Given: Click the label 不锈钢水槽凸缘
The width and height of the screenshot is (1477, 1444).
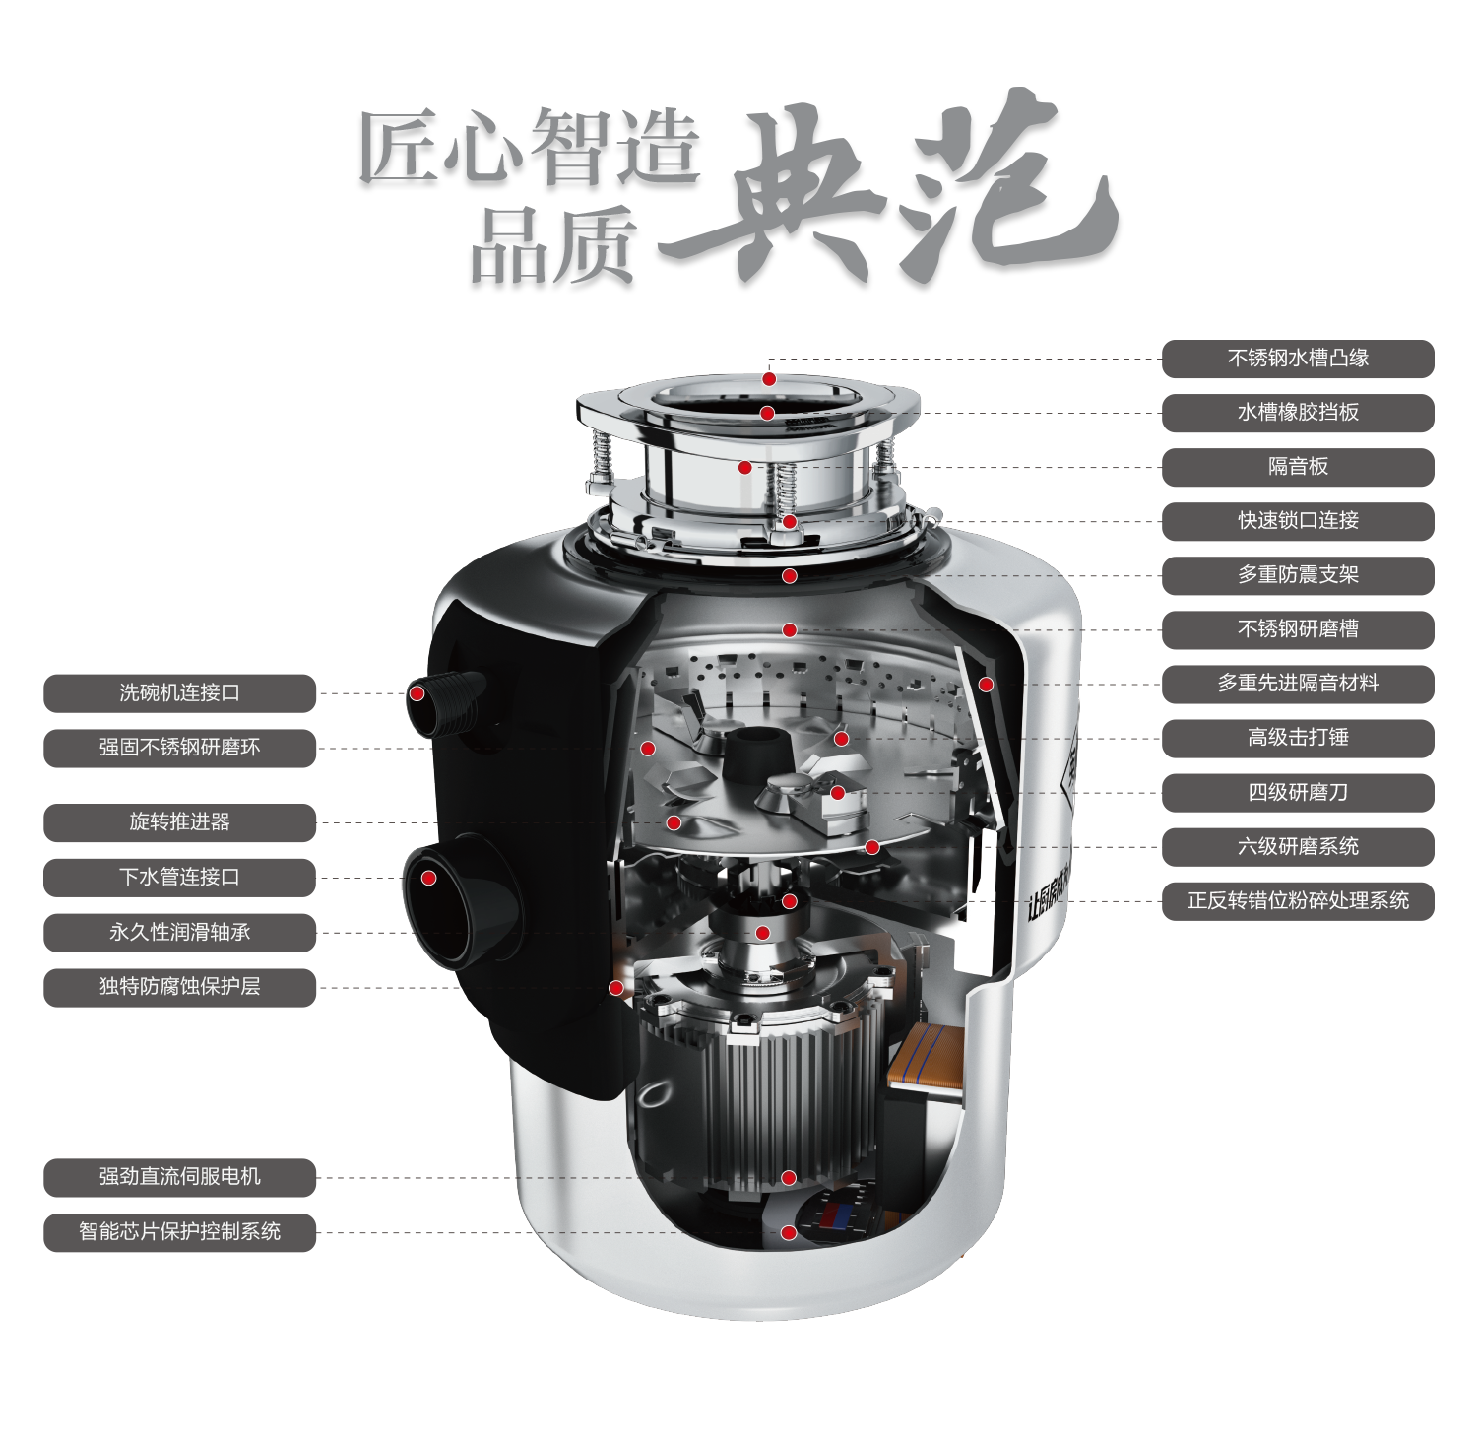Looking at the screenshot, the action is coord(1298,359).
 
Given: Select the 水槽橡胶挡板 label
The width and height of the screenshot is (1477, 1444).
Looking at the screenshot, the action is coord(1298,413).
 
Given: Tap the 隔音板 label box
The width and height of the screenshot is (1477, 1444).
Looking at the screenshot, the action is coord(1298,467).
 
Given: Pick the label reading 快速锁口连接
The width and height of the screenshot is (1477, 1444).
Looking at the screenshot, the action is coord(1298,521).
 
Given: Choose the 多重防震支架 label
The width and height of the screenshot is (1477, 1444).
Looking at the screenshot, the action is coord(1298,575).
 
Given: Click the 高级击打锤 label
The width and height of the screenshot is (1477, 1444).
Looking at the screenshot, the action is coord(1298,738).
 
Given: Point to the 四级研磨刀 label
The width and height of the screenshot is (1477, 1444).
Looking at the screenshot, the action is coord(1298,793).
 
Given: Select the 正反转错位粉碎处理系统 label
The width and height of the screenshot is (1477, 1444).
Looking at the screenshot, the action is coord(1298,901).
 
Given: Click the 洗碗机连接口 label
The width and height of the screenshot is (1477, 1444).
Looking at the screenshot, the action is coord(179,693).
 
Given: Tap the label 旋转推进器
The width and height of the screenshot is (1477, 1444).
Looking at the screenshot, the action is coord(179,822).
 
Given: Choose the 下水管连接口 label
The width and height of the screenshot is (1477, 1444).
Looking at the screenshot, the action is coord(179,878).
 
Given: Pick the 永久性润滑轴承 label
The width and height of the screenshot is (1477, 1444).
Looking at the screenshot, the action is coord(179,933).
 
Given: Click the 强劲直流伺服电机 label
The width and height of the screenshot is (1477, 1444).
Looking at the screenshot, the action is coord(179,1177).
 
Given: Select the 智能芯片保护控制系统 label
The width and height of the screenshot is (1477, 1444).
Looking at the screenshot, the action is coord(179,1232).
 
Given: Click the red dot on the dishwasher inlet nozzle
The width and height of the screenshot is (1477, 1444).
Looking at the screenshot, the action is coord(417,693).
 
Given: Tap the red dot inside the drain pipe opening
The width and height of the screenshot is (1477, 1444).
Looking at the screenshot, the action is coord(429,878).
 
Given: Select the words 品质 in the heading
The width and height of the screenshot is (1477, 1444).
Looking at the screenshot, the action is coord(551,247).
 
